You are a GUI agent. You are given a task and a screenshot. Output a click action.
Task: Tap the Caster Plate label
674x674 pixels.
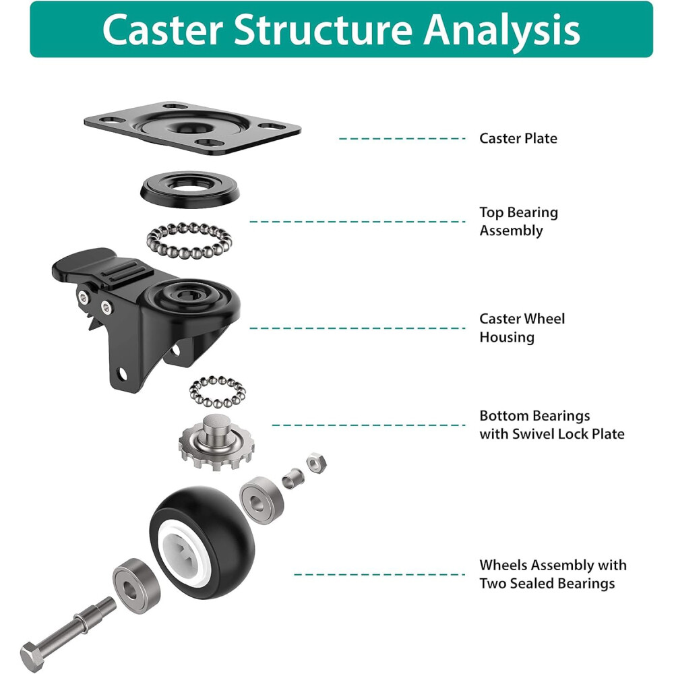[x=518, y=138]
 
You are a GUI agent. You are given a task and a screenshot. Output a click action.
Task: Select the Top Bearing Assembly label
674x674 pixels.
[x=518, y=221]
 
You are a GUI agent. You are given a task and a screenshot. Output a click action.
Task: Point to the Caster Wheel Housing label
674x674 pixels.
[x=522, y=328]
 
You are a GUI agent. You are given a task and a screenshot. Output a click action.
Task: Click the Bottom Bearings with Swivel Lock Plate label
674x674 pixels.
[x=551, y=425]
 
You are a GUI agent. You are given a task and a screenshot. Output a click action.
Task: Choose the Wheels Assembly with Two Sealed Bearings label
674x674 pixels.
[x=553, y=574]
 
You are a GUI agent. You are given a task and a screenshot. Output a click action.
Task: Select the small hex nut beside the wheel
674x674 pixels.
[x=314, y=462]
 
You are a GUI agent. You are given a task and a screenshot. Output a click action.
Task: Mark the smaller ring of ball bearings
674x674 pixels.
[x=217, y=392]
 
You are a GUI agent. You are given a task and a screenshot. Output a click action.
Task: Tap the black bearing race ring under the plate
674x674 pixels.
[x=191, y=188]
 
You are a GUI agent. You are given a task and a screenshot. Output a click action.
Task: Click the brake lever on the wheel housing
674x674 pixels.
[x=88, y=266]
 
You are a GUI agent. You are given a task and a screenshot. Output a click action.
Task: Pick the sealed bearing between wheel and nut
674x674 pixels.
[x=259, y=498]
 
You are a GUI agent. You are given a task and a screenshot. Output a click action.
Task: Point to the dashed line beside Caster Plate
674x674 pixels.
[x=402, y=138]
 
